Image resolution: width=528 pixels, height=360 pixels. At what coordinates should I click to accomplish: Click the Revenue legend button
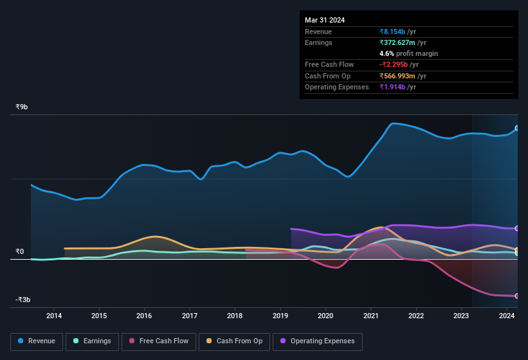[x=37, y=341]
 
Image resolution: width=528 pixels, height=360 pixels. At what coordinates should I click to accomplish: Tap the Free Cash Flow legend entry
[x=158, y=341]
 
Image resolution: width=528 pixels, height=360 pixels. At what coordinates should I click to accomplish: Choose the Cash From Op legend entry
[x=234, y=341]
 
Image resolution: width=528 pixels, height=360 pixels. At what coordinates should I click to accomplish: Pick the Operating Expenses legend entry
[x=317, y=341]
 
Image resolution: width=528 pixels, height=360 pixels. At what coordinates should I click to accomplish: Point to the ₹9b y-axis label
[x=22, y=107]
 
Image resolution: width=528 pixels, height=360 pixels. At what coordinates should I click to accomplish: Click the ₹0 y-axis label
[x=20, y=251]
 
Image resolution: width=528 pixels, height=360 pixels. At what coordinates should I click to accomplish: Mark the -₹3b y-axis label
[x=23, y=300]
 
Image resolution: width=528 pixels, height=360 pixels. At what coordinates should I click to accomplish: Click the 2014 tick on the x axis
[x=54, y=316]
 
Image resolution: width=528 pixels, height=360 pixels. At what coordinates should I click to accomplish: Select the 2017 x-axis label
[x=190, y=316]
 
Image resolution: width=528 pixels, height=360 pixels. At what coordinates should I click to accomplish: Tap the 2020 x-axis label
[x=325, y=316]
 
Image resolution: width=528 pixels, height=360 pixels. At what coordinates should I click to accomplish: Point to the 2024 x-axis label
[x=507, y=316]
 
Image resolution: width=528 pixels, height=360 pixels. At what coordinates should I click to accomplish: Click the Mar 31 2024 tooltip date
[x=325, y=20]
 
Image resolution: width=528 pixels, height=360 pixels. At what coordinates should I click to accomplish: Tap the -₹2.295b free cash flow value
[x=399, y=64]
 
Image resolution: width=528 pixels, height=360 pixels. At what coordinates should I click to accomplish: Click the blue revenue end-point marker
[x=516, y=128]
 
